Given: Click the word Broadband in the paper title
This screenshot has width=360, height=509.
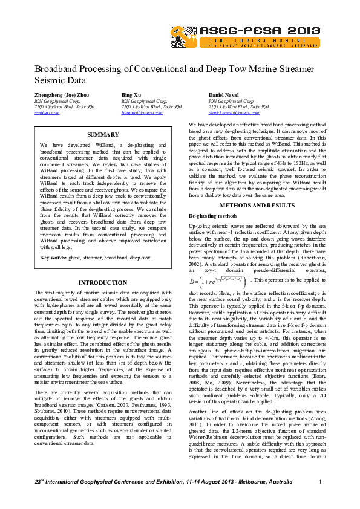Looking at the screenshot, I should pyautogui.click(x=56, y=70).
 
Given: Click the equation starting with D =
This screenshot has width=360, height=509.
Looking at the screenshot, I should pyautogui.click(x=217, y=280).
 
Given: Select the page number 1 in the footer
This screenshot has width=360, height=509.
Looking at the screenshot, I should pyautogui.click(x=319, y=481).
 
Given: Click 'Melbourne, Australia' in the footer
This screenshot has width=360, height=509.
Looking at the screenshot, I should pyautogui.click(x=270, y=481).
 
